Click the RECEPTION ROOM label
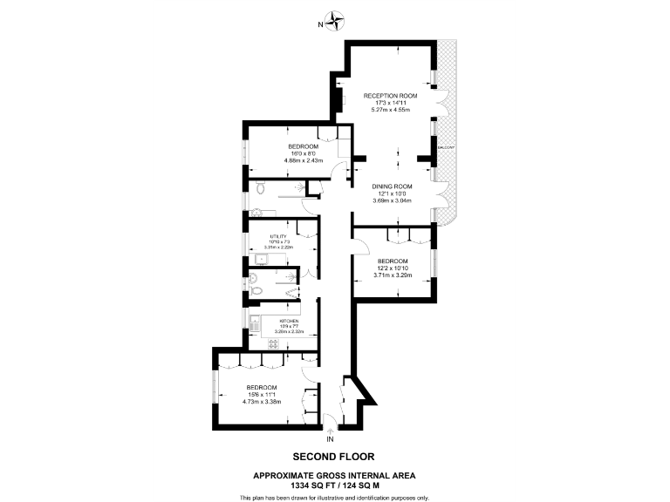click(x=390, y=94)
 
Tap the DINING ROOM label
click(x=391, y=187)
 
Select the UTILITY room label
click(x=278, y=236)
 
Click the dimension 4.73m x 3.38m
click(x=261, y=402)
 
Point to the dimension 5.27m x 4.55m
click(x=390, y=110)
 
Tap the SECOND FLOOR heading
click(x=333, y=456)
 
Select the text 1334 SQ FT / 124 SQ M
click(x=334, y=485)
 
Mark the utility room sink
click(x=261, y=258)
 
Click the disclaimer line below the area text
click(x=334, y=497)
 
